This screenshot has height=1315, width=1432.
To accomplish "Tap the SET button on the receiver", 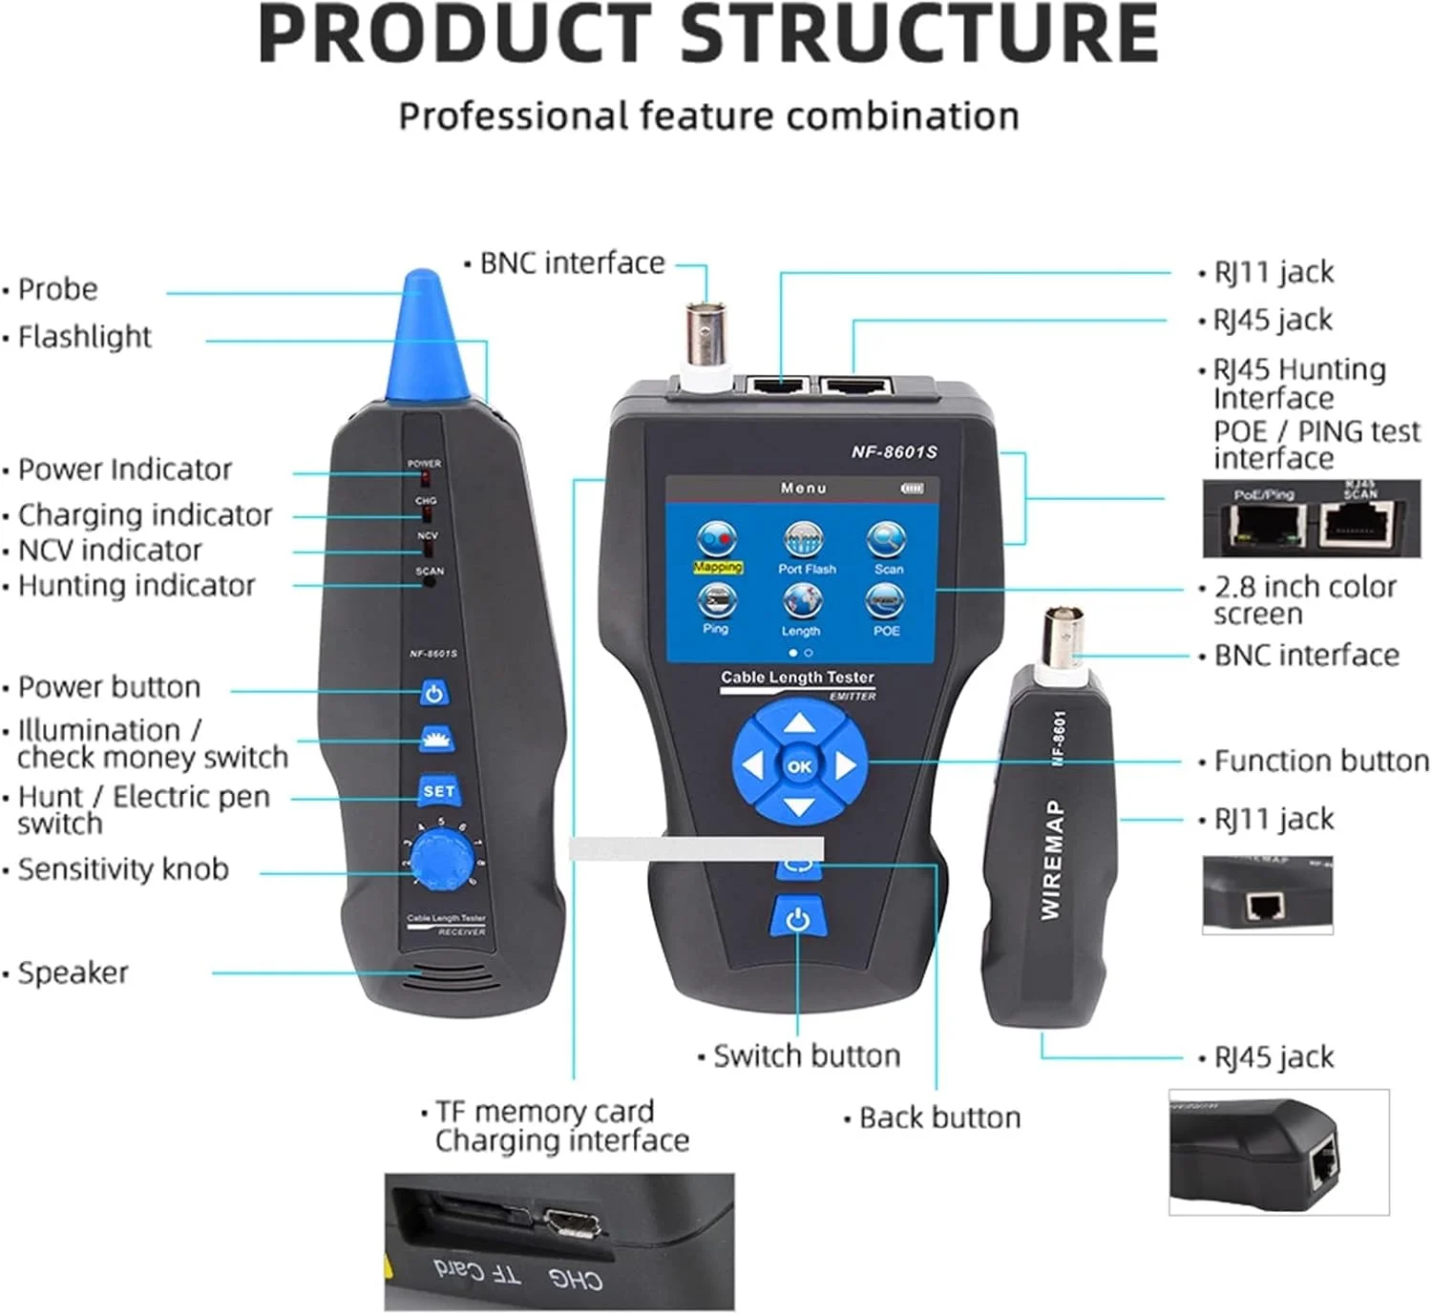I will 438,791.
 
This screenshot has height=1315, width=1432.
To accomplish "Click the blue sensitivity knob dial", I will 440,859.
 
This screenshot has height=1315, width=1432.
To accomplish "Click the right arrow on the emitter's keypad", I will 845,765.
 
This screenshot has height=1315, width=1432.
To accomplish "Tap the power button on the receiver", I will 434,693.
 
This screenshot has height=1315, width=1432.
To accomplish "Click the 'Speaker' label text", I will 73,972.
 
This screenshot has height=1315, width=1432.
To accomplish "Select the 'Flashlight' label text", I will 85,337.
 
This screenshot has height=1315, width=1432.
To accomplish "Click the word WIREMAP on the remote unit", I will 1051,860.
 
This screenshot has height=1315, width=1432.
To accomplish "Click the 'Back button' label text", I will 939,1117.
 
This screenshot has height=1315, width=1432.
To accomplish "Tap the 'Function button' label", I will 1321,762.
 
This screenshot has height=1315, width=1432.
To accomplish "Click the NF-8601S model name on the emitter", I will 894,451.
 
